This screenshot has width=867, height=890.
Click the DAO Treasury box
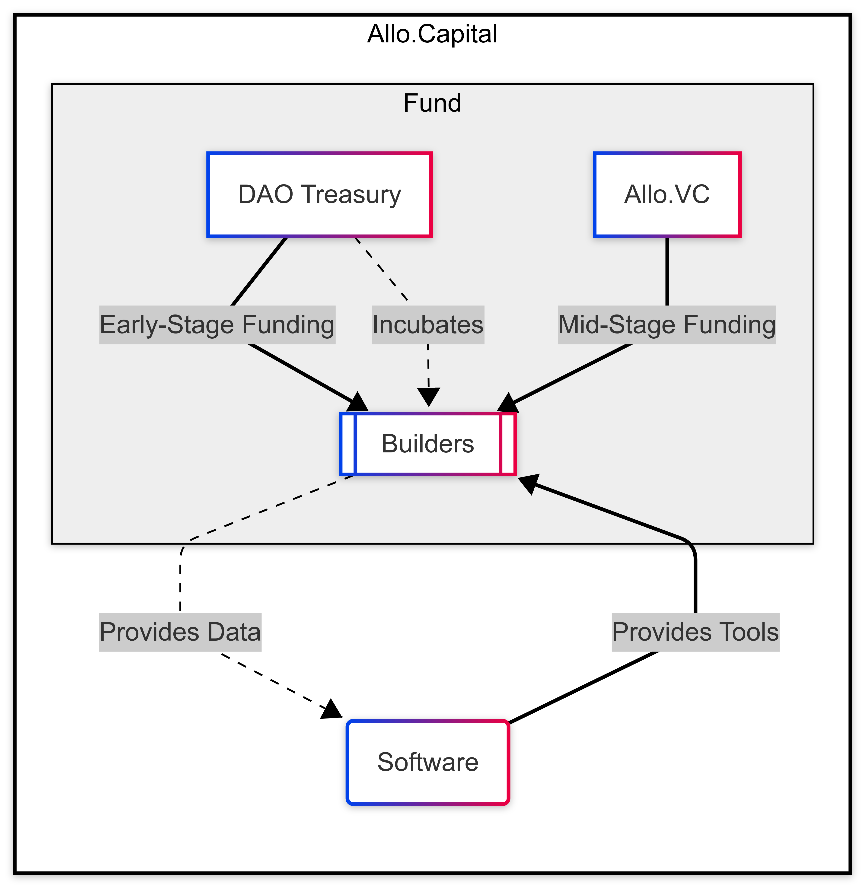pos(319,194)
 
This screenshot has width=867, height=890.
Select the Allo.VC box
pos(667,194)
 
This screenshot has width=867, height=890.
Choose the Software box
pos(427,762)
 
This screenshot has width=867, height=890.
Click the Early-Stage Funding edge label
pos(217,324)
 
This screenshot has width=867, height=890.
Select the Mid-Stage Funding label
pos(667,324)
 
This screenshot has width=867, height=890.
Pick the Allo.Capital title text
pos(432,34)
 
